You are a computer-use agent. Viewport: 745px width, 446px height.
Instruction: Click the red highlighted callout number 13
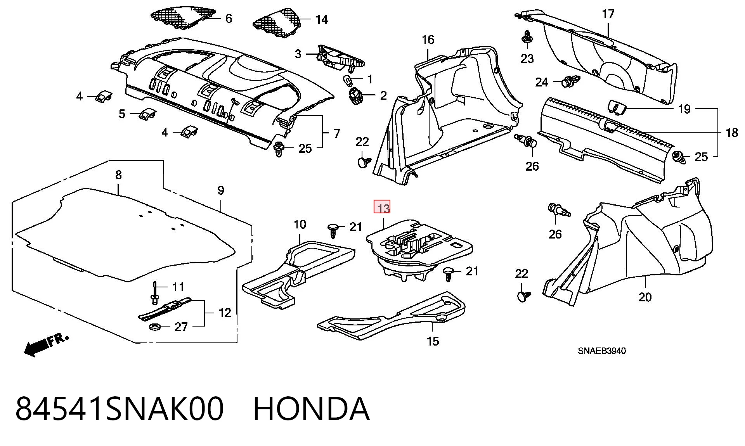coord(382,207)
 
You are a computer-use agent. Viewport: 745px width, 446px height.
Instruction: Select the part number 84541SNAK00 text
coord(120,409)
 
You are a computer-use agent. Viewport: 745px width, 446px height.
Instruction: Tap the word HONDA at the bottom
coord(311,409)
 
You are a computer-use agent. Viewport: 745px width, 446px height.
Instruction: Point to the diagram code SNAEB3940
coord(601,351)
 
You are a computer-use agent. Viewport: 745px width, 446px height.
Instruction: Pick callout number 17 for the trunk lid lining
coord(608,14)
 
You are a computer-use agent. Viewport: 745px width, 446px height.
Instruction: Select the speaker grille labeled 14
coord(277,21)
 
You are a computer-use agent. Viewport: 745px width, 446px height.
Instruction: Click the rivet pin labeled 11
coord(154,292)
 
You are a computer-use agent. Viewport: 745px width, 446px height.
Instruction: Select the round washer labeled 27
coord(156,327)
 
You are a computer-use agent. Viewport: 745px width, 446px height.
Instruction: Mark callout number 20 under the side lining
coord(645,297)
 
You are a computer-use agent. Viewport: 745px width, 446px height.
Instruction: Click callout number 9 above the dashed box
coord(220,190)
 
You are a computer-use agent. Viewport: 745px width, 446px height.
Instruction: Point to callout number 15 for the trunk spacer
coord(433,341)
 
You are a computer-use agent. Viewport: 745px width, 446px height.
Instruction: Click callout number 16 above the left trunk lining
coord(428,40)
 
